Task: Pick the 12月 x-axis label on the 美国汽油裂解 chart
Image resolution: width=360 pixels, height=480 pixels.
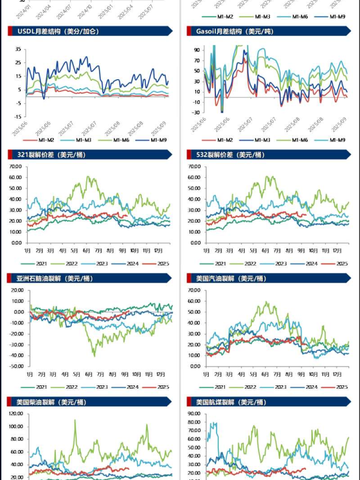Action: (341, 373)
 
